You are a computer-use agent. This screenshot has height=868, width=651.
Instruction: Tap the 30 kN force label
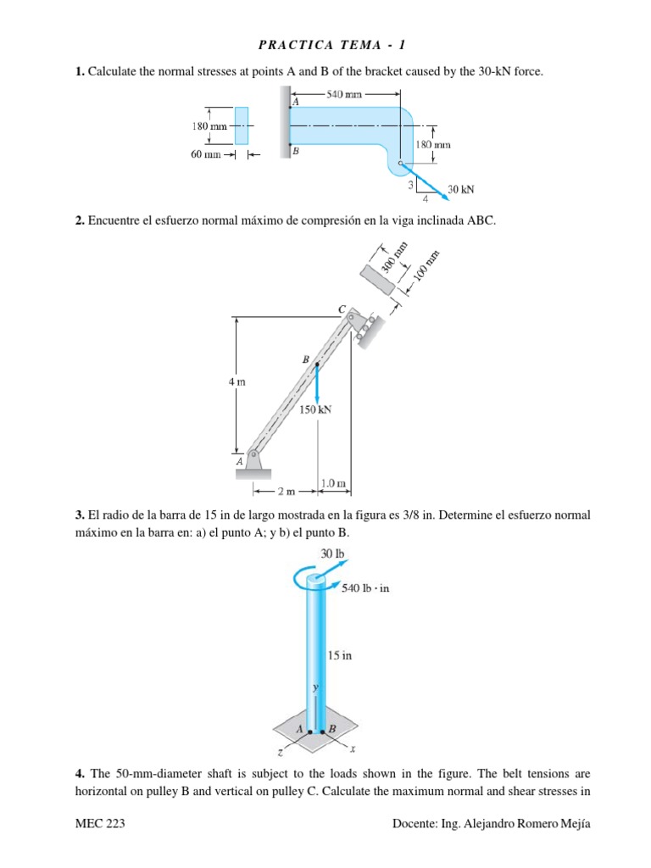(461, 189)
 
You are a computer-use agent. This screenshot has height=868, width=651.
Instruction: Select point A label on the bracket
(295, 102)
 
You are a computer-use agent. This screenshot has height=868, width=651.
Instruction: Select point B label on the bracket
(295, 150)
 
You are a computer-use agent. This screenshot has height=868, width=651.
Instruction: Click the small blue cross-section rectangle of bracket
(242, 126)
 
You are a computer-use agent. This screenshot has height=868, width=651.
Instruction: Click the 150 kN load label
(315, 409)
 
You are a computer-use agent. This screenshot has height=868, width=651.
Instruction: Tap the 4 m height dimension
(236, 382)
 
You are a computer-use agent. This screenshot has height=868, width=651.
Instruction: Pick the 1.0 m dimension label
(334, 484)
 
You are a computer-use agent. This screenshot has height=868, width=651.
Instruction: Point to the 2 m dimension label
(287, 491)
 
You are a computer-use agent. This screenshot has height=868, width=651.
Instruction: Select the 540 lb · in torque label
(365, 587)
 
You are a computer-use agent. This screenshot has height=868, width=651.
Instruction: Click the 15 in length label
(340, 655)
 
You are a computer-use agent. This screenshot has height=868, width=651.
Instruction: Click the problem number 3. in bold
(80, 515)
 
